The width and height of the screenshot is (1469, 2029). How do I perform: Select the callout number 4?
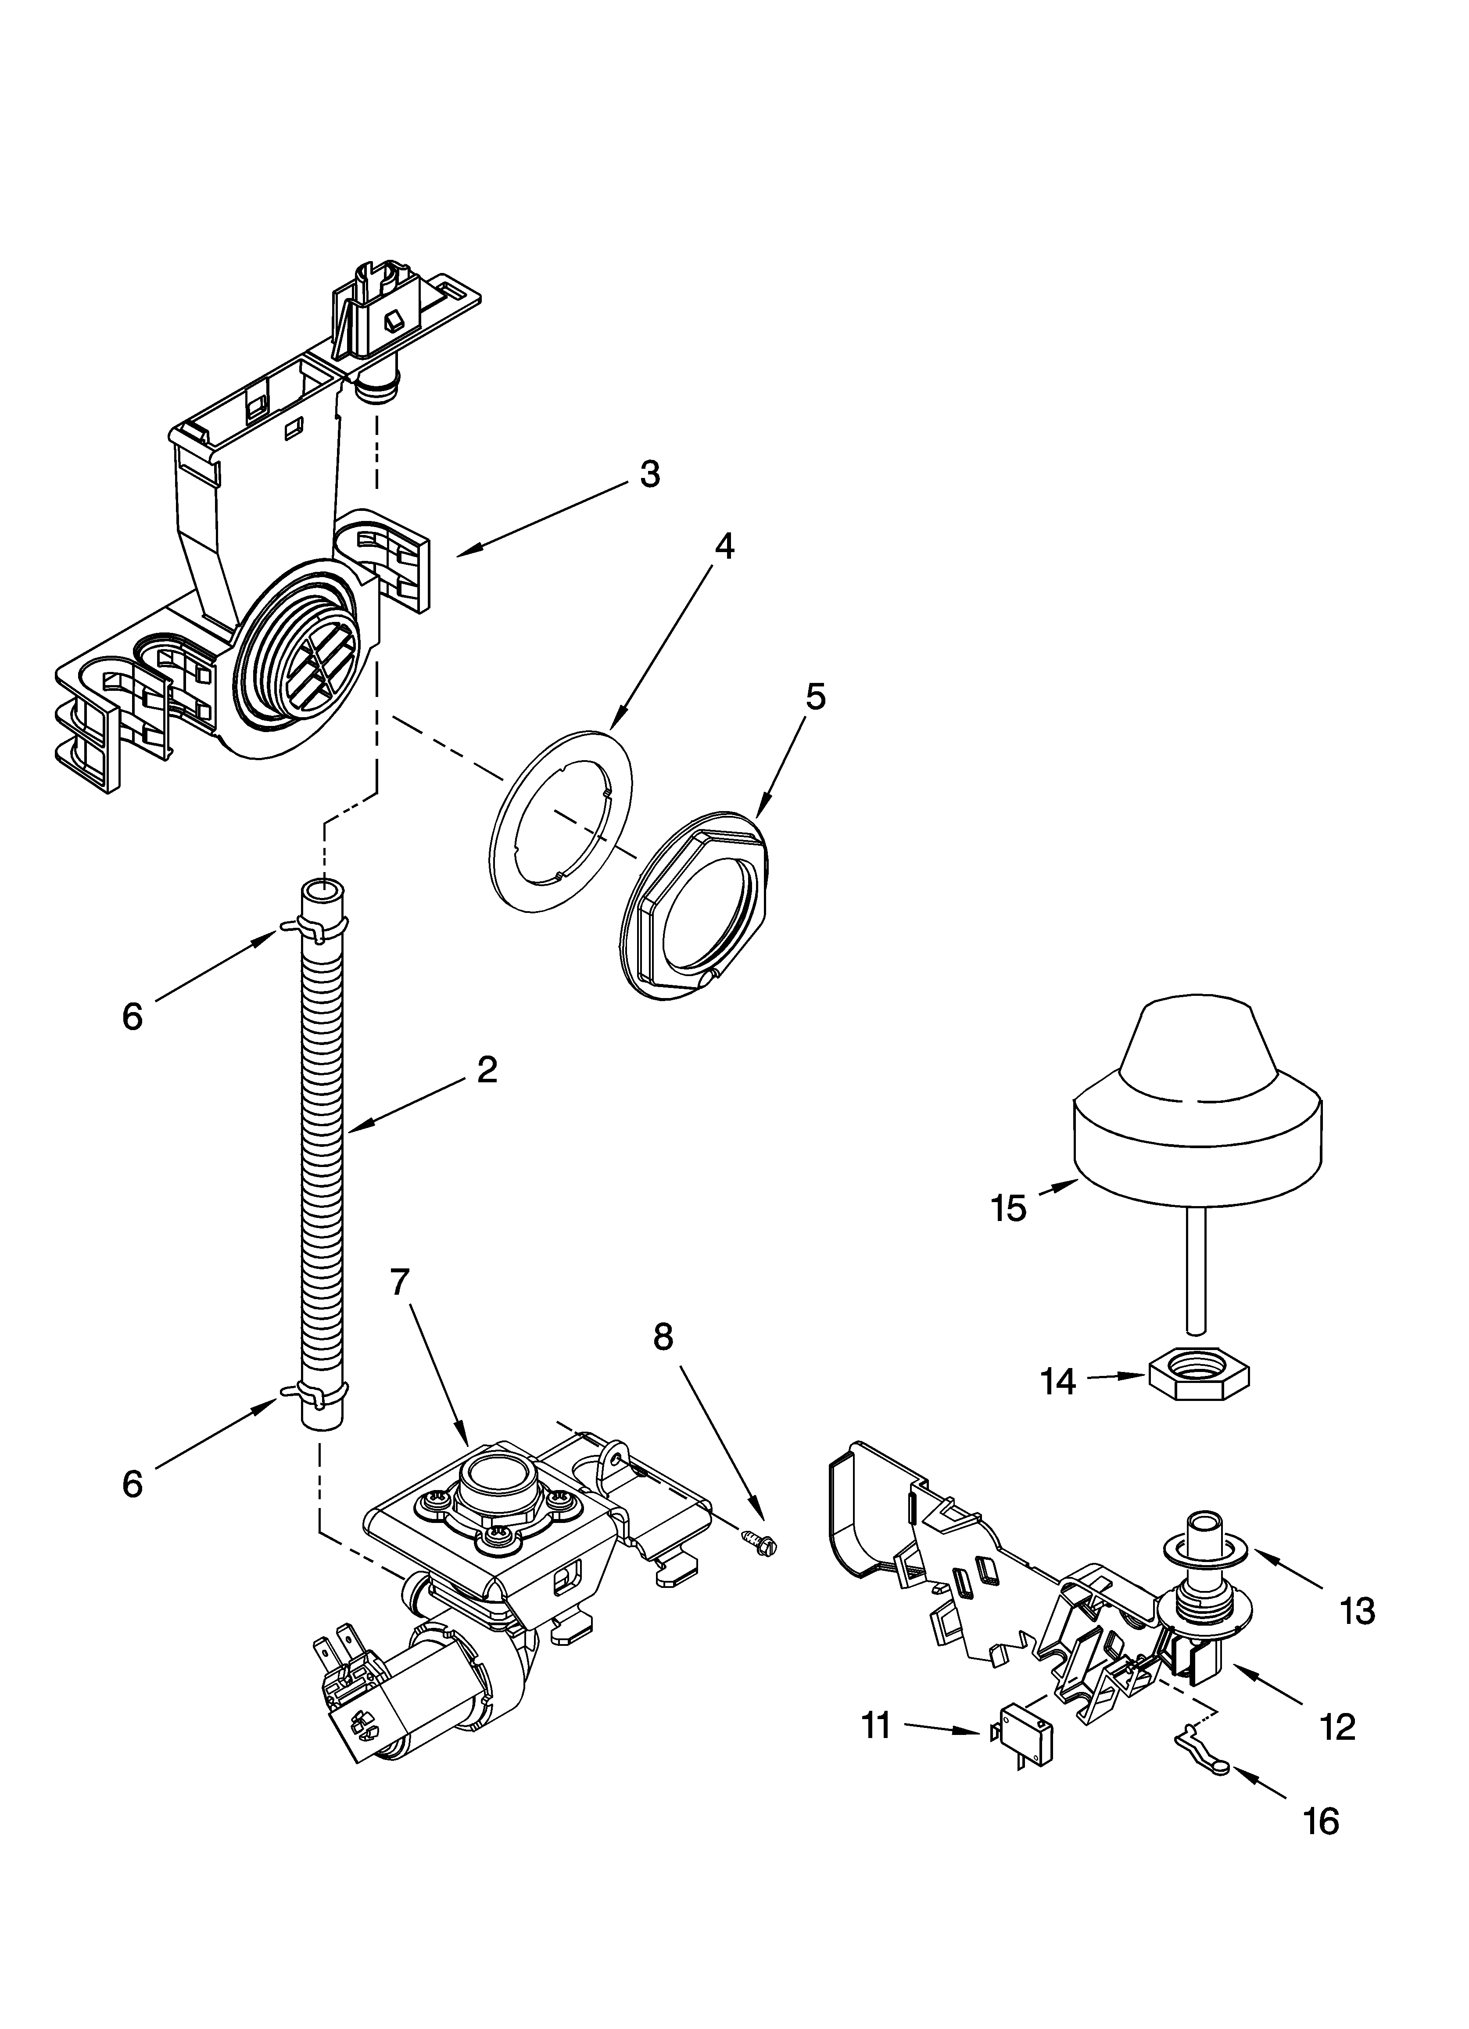(x=725, y=546)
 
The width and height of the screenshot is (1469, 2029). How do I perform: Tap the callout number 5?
(x=815, y=696)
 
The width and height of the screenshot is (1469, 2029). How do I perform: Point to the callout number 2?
(x=487, y=1070)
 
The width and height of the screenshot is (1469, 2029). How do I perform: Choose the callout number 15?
(x=1008, y=1209)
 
